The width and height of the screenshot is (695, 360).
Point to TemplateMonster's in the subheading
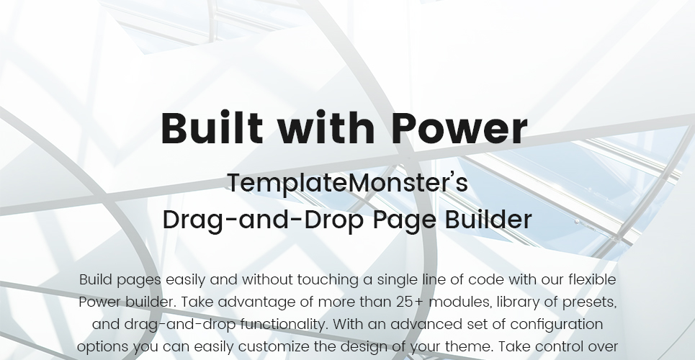tap(347, 183)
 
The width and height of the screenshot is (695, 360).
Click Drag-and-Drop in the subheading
tap(264, 220)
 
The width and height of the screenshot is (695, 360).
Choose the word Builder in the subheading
tap(488, 220)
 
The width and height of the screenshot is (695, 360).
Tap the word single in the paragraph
tap(397, 281)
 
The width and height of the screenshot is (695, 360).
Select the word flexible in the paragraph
tap(592, 280)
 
